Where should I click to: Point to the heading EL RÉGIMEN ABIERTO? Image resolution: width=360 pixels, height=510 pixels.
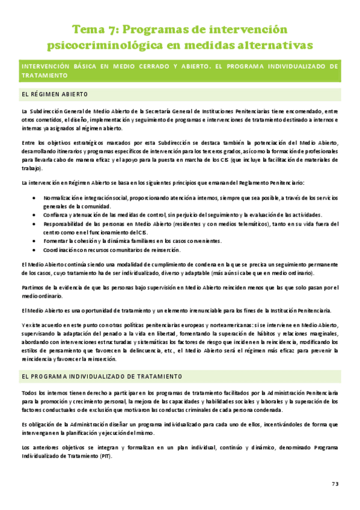pos(54,94)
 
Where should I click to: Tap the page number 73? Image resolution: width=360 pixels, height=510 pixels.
pos(335,484)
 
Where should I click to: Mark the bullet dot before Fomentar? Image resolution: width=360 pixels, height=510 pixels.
pos(38,241)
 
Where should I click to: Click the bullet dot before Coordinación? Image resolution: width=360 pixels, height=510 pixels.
pos(38,250)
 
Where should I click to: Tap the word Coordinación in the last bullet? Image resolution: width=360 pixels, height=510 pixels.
pos(61,250)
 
